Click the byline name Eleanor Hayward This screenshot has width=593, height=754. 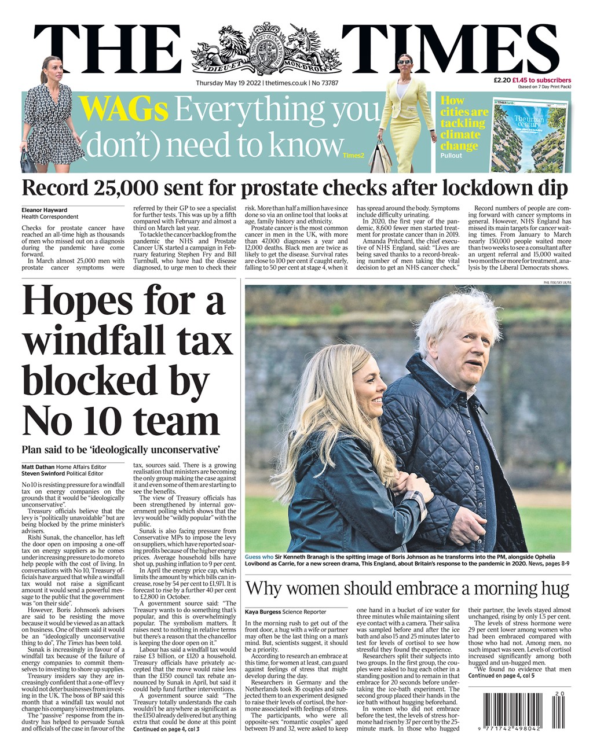coord(44,210)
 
